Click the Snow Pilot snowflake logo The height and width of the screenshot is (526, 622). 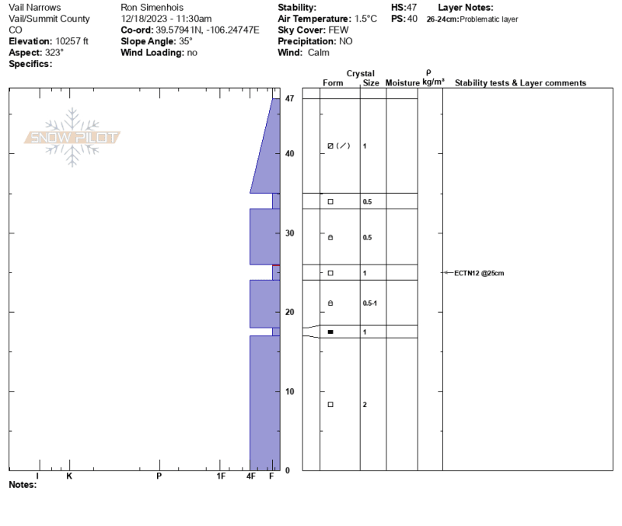(72, 137)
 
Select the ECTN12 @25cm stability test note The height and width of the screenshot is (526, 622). (479, 273)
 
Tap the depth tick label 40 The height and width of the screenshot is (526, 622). (289, 153)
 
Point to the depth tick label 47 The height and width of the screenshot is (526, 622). (289, 98)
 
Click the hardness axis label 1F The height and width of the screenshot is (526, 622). (221, 476)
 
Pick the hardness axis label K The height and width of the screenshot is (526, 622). (69, 476)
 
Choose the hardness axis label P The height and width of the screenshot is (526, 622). (159, 476)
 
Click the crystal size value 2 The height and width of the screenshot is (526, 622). (365, 405)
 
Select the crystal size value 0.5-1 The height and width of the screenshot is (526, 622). (370, 303)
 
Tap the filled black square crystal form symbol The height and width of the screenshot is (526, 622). (330, 332)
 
